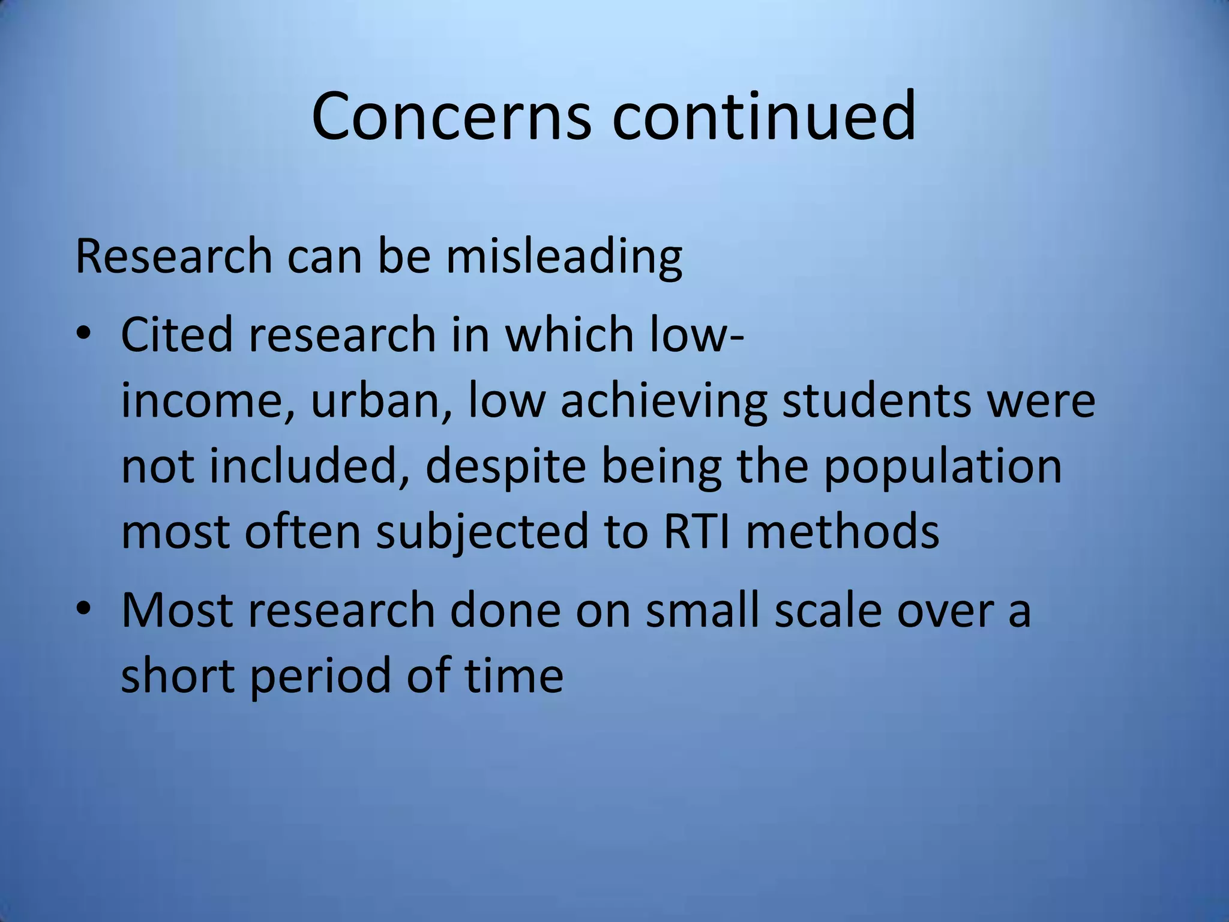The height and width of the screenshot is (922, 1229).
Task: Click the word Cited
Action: pyautogui.click(x=176, y=334)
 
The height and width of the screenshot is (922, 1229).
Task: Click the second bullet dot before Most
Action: pyautogui.click(x=83, y=609)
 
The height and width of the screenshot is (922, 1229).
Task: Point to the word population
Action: pyautogui.click(x=942, y=468)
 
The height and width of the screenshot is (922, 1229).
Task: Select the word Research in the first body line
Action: pyautogui.click(x=174, y=257)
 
